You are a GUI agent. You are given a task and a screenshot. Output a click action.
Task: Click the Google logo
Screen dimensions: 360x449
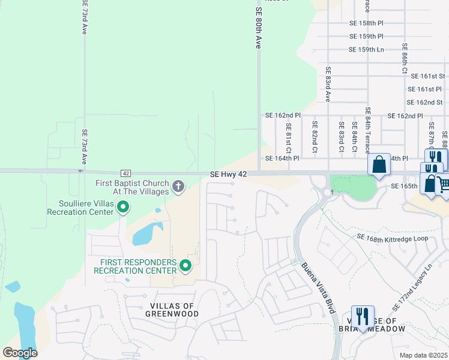tap(20, 353)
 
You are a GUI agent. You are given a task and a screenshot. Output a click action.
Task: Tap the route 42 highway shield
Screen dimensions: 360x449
tap(126, 173)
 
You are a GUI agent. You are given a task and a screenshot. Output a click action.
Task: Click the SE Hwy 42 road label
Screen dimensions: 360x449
tap(228, 174)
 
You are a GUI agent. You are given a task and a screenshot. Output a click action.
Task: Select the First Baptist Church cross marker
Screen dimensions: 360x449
tap(178, 187)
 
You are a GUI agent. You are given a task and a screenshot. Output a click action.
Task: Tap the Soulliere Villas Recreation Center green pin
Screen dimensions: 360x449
tap(123, 208)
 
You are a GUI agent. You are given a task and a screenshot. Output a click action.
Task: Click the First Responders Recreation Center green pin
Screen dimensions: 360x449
tap(185, 265)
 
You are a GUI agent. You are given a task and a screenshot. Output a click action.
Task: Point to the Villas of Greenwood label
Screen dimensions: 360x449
tap(171, 310)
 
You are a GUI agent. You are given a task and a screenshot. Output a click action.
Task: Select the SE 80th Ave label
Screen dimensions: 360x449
tap(259, 28)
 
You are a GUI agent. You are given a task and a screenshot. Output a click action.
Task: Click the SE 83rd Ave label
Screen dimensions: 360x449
tap(328, 86)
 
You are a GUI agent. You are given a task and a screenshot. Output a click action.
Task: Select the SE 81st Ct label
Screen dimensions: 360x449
tap(289, 137)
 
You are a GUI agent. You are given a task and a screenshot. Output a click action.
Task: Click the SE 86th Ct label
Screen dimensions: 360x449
tap(405, 58)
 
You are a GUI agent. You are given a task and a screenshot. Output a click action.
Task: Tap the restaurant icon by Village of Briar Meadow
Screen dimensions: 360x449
tap(363, 314)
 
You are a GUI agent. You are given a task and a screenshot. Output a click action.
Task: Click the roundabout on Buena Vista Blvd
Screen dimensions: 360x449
tap(327, 192)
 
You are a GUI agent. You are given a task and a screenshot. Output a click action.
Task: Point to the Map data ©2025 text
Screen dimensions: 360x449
tap(423, 355)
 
